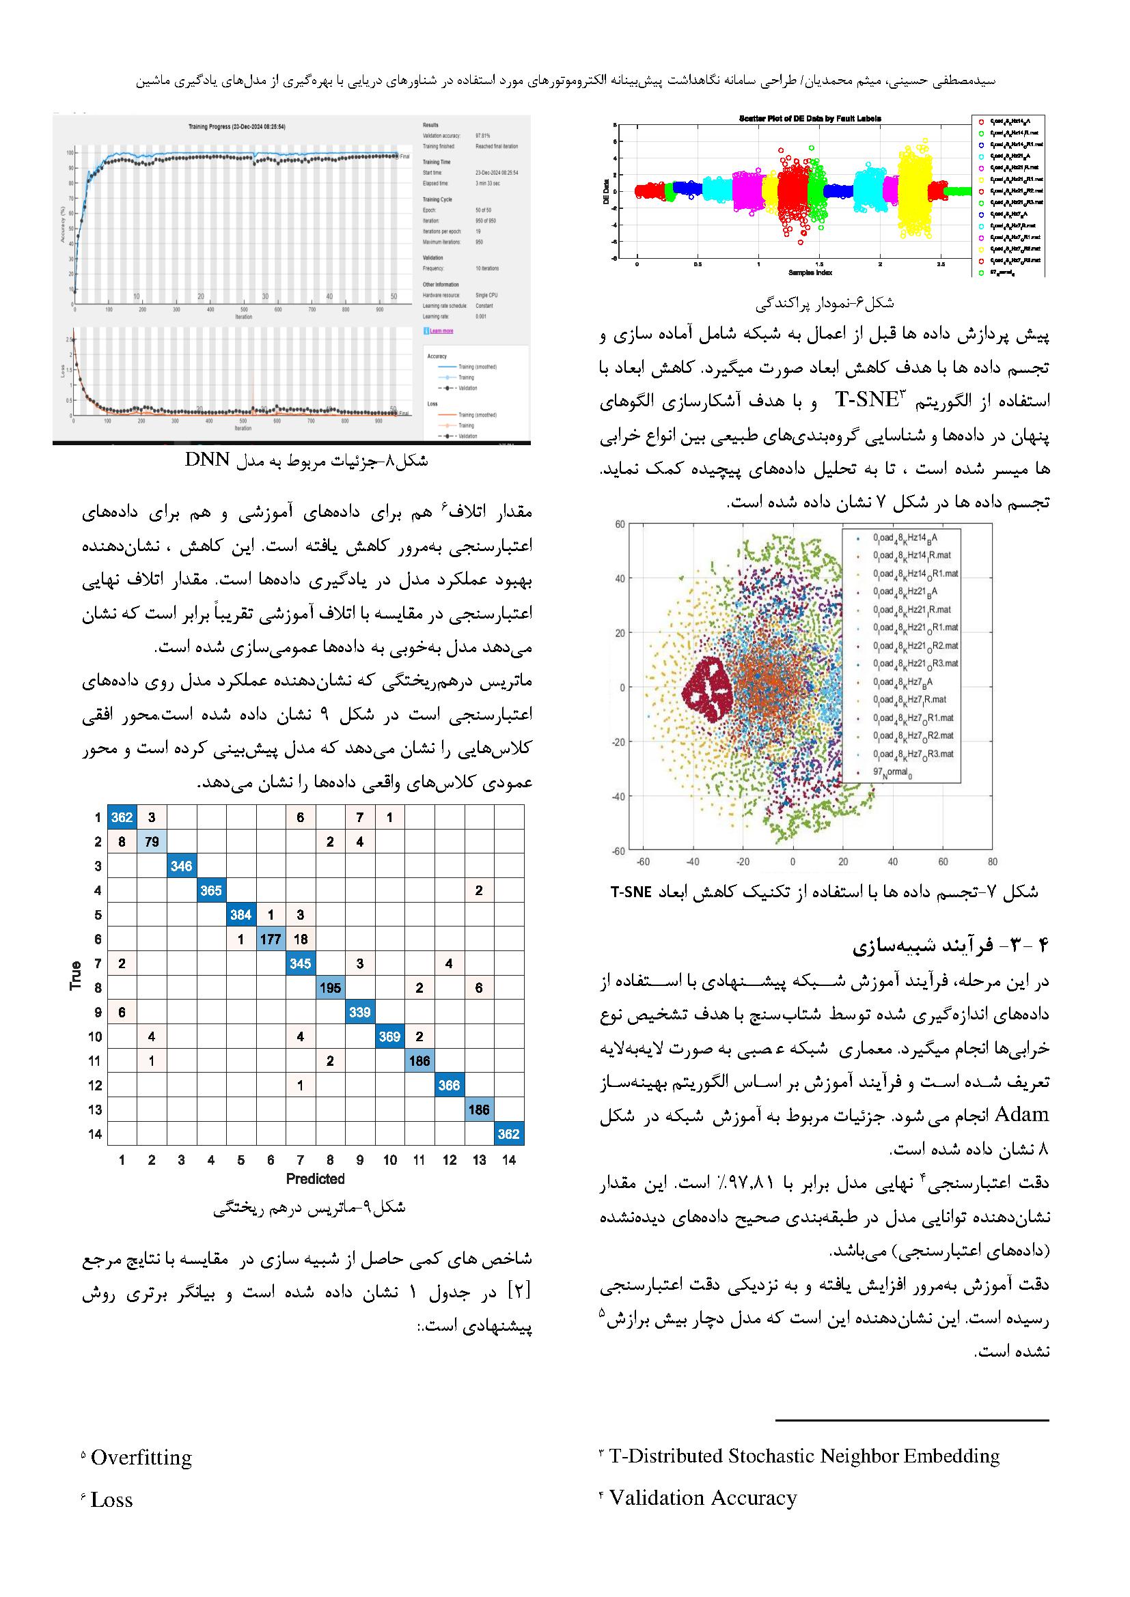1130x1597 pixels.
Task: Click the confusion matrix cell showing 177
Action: tap(270, 939)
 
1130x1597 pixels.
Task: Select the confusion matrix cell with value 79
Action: tap(151, 842)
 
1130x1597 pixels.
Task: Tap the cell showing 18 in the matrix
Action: tap(300, 939)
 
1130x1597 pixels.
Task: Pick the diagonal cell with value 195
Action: tap(330, 988)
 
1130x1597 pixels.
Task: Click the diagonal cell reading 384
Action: tap(240, 915)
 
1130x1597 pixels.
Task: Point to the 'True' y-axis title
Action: tap(76, 974)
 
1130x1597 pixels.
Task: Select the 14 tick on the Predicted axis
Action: tap(509, 1159)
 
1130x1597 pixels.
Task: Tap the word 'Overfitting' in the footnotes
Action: tap(141, 1457)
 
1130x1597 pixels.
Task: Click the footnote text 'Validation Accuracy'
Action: tap(703, 1497)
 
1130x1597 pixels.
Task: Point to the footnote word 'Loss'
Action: tap(111, 1499)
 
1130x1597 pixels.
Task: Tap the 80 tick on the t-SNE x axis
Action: tap(992, 862)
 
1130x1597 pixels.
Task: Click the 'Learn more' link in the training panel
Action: tap(441, 330)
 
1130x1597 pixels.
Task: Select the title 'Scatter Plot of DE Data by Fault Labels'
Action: tap(809, 118)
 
